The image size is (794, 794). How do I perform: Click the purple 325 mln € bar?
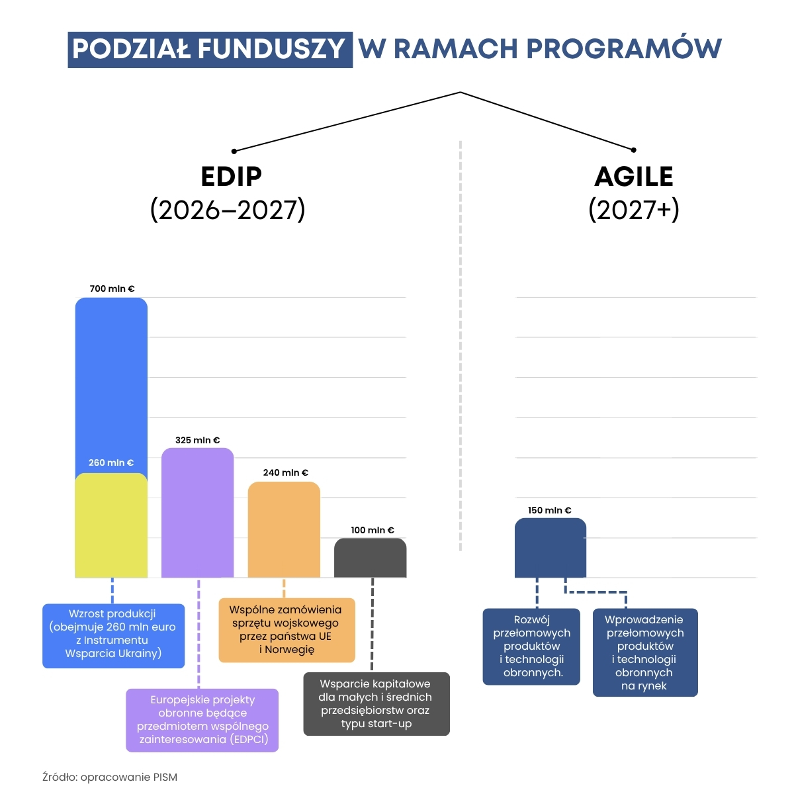(x=197, y=513)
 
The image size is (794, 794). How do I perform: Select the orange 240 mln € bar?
(x=284, y=529)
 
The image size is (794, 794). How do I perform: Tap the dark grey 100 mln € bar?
(x=370, y=558)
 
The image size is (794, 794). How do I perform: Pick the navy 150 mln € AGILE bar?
(x=551, y=548)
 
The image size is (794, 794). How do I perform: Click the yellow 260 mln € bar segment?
(x=111, y=526)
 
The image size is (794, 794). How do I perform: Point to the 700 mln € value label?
(x=112, y=288)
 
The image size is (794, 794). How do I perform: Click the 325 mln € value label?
(x=197, y=440)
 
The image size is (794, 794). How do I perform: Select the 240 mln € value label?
(x=285, y=472)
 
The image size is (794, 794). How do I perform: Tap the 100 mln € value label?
(x=372, y=530)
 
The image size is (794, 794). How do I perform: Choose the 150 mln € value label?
(x=549, y=510)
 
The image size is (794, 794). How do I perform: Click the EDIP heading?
(x=231, y=177)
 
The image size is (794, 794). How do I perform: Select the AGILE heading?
(x=633, y=177)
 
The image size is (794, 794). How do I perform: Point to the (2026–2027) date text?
(x=228, y=210)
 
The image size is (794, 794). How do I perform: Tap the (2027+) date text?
(x=633, y=210)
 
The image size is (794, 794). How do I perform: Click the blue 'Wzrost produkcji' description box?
(x=113, y=635)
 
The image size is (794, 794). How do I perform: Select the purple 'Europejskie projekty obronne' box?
(x=202, y=720)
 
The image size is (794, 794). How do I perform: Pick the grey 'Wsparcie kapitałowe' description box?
(x=376, y=704)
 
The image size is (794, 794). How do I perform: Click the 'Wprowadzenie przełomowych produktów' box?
(x=644, y=652)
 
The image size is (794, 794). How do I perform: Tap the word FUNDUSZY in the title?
(x=271, y=49)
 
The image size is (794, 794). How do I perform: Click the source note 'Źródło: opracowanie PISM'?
(x=110, y=777)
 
